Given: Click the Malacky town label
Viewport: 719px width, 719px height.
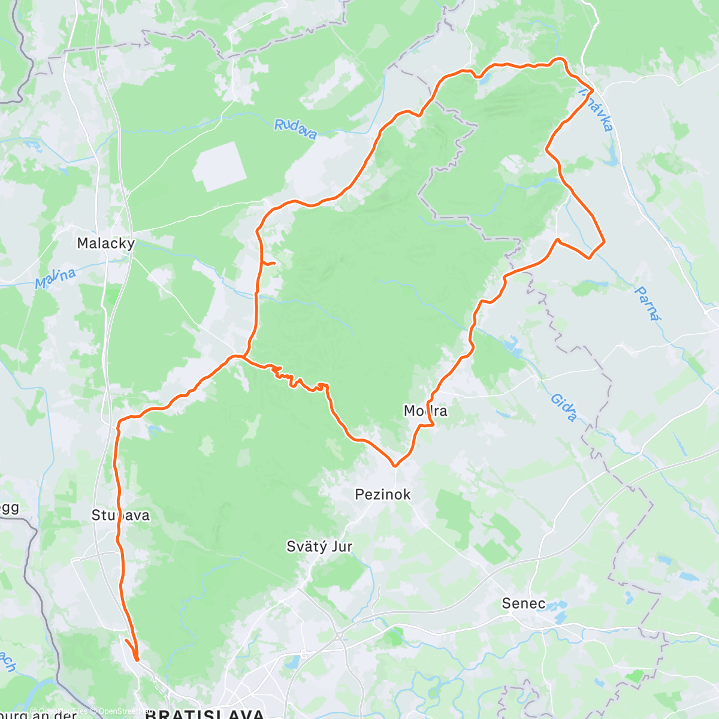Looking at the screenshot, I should pos(106,243).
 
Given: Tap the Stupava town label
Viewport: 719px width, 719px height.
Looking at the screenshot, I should pos(120,515).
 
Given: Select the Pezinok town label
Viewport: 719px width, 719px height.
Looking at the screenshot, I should pos(383,494).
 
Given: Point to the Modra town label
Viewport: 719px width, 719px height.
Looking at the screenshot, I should pos(425,411).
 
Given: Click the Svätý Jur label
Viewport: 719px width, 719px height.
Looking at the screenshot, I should pos(319,546).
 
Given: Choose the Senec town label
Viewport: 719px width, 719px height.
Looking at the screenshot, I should pos(524,603).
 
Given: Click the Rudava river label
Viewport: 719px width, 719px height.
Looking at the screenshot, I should pos(295,128).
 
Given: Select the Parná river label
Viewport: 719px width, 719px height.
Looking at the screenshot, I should pos(648,303).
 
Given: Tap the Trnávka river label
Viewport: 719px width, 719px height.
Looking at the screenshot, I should pos(597,109).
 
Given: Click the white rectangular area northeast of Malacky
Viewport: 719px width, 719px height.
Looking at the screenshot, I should pos(219,167).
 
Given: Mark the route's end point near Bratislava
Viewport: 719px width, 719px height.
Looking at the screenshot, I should pos(137,659).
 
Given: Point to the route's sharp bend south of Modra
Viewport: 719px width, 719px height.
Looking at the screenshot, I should pos(395,465).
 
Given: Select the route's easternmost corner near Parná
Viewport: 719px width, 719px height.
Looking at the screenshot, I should pos(603,241).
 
